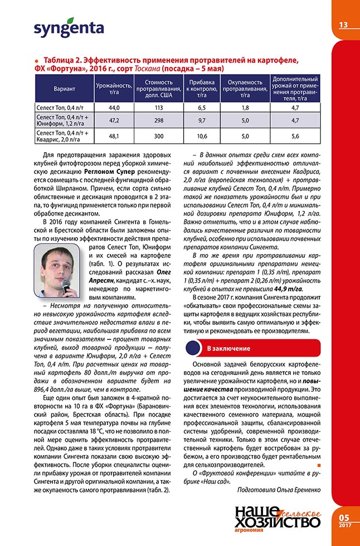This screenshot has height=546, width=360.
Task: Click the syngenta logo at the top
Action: coord(69,28)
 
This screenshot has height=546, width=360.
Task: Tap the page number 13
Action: coord(343,25)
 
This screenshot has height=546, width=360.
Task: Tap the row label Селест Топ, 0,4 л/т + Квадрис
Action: coord(64,136)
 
